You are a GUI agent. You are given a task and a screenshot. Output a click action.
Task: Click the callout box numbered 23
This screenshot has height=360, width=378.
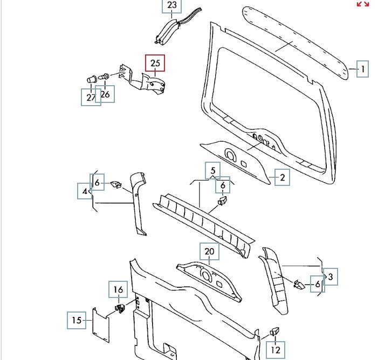point(172,6)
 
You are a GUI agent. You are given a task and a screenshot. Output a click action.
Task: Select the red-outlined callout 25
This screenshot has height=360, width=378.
point(155,64)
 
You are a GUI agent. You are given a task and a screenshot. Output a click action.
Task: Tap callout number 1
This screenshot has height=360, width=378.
point(363,69)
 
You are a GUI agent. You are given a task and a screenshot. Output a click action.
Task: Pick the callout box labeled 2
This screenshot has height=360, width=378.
point(281,177)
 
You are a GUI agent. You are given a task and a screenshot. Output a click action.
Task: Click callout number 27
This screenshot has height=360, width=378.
point(90,97)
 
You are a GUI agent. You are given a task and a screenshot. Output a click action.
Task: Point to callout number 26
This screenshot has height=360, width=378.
point(105,95)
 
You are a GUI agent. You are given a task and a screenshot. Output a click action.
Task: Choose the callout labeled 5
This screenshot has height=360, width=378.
point(213,171)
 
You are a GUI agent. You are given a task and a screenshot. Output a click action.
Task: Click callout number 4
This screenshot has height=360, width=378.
point(85,191)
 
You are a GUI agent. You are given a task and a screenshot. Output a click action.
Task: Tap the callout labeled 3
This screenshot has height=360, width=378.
point(331,277)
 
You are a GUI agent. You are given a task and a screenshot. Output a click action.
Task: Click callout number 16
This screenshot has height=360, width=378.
point(118,290)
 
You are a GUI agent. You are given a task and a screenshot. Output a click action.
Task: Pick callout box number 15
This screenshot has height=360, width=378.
point(77,320)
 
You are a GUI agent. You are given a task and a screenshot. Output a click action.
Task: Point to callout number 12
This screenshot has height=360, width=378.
point(276,350)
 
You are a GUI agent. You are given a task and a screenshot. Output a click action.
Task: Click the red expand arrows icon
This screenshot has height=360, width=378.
point(363,4)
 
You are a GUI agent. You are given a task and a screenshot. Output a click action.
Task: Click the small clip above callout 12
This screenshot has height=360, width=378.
point(274,331)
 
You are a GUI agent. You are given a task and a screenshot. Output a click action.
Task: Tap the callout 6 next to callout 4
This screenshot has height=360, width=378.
point(97,183)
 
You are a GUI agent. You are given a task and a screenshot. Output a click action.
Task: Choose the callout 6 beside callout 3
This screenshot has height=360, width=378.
point(318,285)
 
